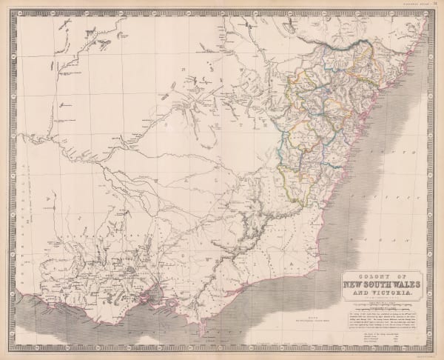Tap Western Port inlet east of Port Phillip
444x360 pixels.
pos(172,304)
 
